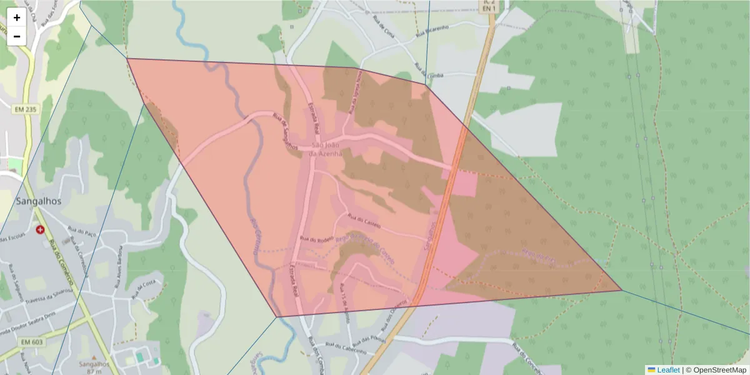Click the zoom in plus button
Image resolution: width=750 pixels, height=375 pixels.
pyautogui.click(x=17, y=17)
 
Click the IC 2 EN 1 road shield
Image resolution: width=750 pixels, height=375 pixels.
pyautogui.click(x=489, y=6)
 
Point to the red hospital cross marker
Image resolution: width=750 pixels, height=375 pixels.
pyautogui.click(x=41, y=230)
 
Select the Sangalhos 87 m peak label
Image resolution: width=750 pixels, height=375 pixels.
pyautogui.click(x=94, y=367)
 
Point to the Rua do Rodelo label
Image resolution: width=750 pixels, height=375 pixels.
pyautogui.click(x=314, y=239)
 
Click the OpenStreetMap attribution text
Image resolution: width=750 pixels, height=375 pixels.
pyautogui.click(x=716, y=370)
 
